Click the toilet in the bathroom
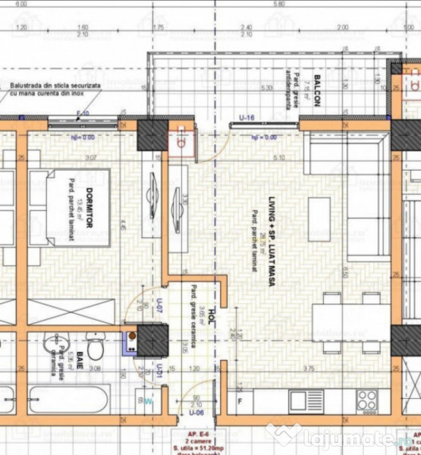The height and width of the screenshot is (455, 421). coord(96,347)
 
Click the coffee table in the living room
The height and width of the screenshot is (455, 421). coord(319,219)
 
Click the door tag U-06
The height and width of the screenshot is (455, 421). coord(196,413)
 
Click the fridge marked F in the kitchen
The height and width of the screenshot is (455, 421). coord(240,400)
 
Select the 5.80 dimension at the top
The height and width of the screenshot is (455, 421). coord(279,4)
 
